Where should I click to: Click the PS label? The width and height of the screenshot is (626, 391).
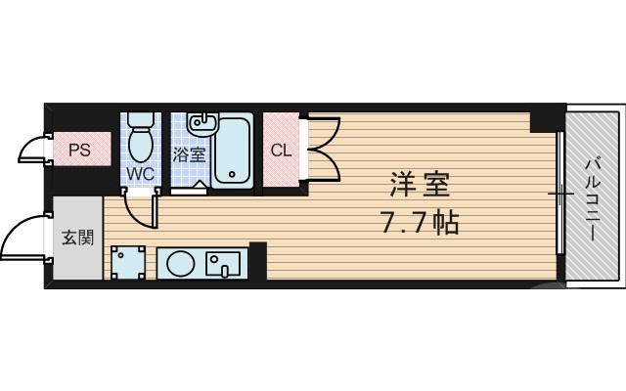79,151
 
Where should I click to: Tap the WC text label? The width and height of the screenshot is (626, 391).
140,175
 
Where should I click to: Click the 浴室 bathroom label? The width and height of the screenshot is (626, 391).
189,154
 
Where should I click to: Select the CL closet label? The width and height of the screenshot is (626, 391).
281,151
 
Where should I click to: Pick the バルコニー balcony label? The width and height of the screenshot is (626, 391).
593,195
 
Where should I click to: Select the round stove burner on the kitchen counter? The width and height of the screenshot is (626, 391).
180,263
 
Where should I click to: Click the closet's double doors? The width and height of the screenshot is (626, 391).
323,149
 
